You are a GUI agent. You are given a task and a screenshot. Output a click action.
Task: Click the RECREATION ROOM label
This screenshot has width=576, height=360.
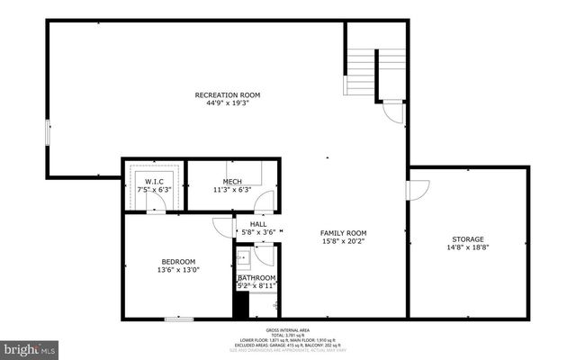[x=228, y=94]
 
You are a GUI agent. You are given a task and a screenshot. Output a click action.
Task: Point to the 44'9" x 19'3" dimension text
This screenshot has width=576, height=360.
[x=228, y=103]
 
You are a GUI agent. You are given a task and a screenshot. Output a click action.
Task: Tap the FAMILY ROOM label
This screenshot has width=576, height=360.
[x=344, y=232]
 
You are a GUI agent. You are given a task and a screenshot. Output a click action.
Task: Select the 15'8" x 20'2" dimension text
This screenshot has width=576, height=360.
[x=344, y=240]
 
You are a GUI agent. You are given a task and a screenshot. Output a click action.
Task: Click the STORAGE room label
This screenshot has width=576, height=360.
[x=468, y=238]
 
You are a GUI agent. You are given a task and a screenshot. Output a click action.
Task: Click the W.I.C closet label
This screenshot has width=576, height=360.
[x=154, y=182]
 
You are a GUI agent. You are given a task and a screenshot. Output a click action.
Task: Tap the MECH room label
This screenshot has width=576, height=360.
[x=231, y=182]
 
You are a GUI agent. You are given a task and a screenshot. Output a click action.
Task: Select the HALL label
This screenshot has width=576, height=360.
[x=258, y=224]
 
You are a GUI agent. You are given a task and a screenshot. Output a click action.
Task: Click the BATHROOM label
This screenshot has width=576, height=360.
[x=256, y=277]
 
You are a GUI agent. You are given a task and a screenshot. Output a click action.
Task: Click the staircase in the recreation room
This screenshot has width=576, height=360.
[x=362, y=67]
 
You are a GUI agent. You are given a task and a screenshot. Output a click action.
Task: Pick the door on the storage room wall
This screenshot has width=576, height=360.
[x=415, y=191]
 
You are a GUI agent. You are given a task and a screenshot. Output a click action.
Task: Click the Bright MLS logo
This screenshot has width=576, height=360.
[x=30, y=346]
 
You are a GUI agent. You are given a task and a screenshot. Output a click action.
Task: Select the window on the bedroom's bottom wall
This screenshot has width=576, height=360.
[x=179, y=319]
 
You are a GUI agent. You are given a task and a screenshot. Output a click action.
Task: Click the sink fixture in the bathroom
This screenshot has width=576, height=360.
[x=243, y=259]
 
